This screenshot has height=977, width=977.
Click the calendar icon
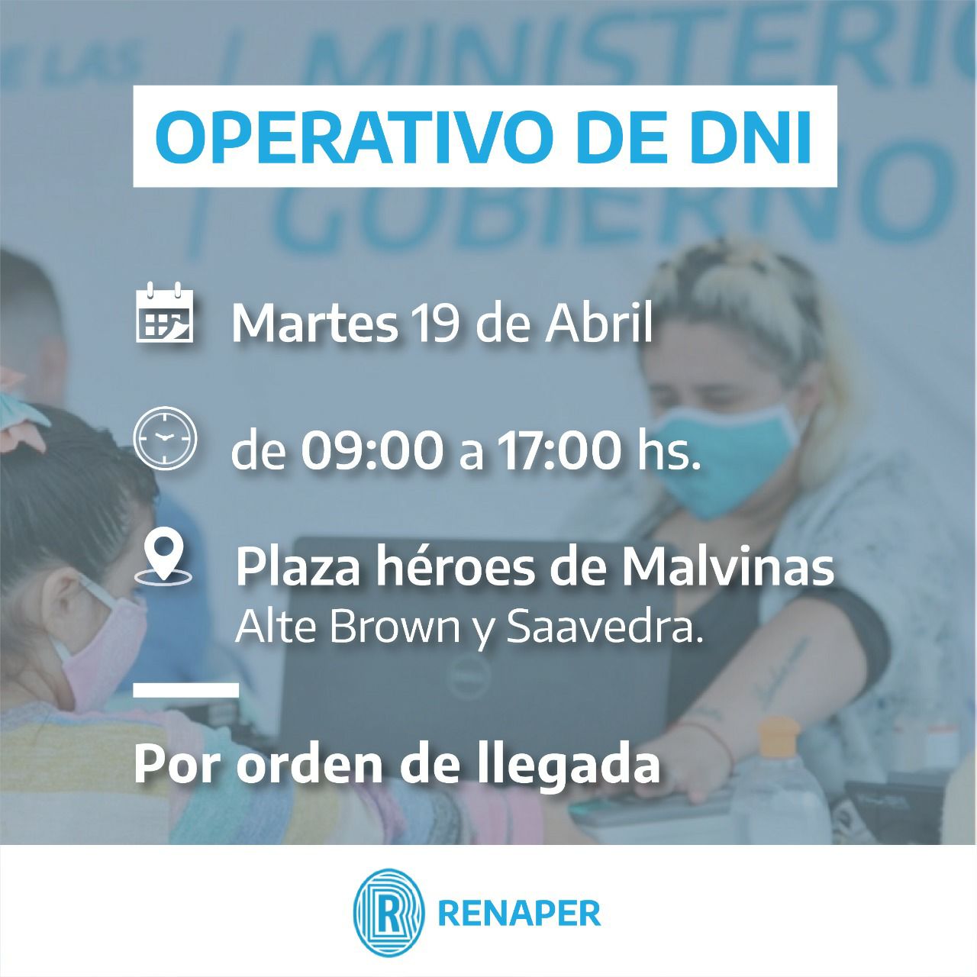click(166, 313)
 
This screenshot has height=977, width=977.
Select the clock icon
click(165, 438)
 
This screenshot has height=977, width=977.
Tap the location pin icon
click(163, 562)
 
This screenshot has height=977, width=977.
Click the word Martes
click(314, 323)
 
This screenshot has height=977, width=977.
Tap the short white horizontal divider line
click(186, 690)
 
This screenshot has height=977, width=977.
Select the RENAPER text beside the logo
click(520, 914)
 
